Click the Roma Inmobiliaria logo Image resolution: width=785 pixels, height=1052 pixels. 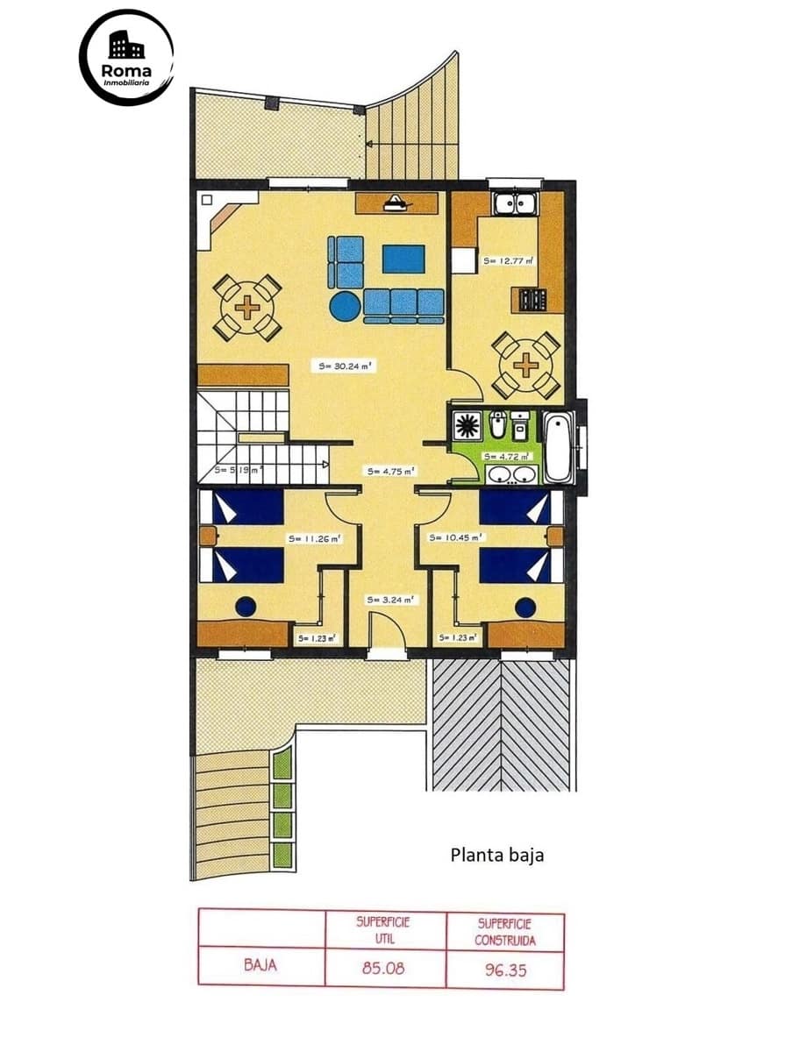pos(126,58)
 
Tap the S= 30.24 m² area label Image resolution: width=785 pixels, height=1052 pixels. pos(347,367)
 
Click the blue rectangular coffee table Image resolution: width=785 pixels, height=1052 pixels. pos(403,259)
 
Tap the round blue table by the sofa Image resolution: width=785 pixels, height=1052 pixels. pos(344,306)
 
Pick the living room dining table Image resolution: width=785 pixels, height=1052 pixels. pos(248,308)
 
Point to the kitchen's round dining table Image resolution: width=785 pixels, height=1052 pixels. pos(525,364)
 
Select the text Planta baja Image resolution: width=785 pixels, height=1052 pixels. pos(496,854)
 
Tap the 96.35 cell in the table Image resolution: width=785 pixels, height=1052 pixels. pos(504,970)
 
